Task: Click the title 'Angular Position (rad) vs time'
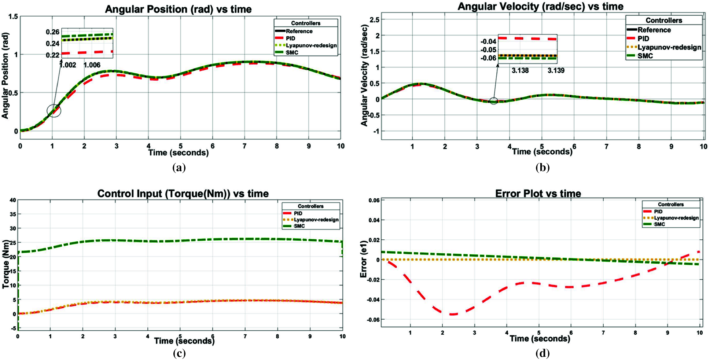pos(178,9)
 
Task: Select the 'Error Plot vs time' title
pos(538,193)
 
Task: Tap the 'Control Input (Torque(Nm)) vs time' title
pos(183,194)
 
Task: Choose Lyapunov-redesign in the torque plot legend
pos(316,220)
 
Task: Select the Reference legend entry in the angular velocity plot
pos(654,30)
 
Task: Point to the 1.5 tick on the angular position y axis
pos(13,16)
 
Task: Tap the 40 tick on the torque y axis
pos(13,200)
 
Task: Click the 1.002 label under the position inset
pos(68,65)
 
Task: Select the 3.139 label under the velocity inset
pos(556,70)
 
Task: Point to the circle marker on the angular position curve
pos(54,110)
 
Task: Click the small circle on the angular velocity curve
pos(493,101)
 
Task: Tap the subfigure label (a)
pos(179,168)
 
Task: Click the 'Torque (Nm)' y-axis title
pos(5,264)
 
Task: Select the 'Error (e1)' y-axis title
pos(363,259)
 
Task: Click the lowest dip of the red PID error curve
pos(453,314)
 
